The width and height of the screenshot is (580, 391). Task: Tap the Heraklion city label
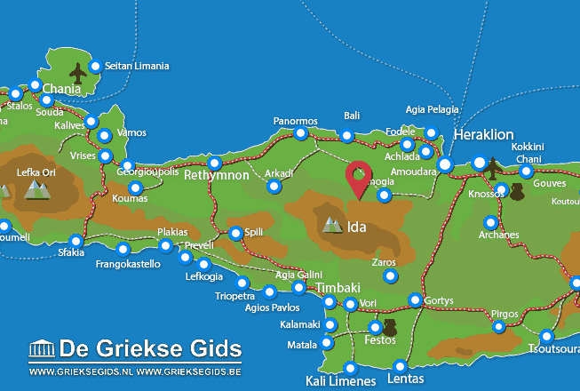point(483,135)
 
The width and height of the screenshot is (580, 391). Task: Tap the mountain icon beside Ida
point(332,225)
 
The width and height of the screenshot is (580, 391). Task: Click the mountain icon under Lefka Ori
point(36,188)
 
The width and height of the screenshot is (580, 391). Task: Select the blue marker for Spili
point(235,233)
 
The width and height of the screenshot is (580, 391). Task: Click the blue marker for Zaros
point(390,276)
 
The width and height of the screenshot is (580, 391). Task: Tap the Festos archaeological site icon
point(389,328)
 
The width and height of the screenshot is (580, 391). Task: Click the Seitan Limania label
point(136,66)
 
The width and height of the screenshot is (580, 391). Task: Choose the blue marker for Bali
point(347,136)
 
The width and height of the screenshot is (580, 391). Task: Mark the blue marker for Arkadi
point(274,187)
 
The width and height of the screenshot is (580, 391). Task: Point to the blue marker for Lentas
point(400,365)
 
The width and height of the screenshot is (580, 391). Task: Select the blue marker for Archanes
point(489,222)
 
